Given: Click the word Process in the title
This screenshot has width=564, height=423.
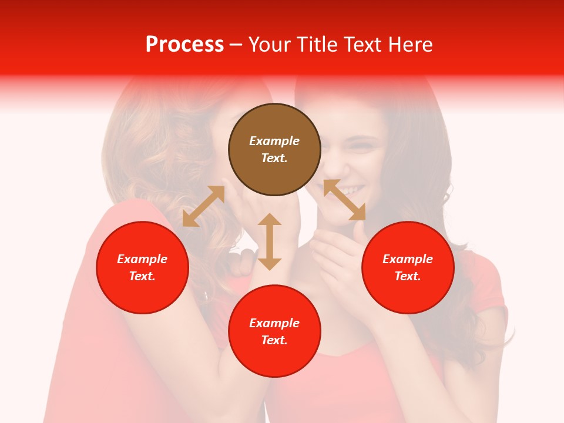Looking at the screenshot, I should click(x=184, y=45).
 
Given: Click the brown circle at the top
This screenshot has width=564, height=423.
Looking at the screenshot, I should click(x=274, y=149).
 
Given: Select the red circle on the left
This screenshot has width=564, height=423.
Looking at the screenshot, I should click(x=142, y=267).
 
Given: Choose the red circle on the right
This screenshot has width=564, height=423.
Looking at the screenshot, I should click(x=408, y=267).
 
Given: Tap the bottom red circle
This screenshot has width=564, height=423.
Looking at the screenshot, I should click(x=274, y=331).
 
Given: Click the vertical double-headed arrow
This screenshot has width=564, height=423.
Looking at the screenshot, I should click(x=270, y=241).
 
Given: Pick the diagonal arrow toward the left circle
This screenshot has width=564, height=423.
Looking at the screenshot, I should click(x=203, y=206).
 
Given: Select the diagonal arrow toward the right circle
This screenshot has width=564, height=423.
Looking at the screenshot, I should click(x=344, y=200).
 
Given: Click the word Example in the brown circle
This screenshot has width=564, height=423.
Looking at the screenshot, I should click(x=274, y=141).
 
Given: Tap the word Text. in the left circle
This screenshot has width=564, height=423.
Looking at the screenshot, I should click(x=142, y=276).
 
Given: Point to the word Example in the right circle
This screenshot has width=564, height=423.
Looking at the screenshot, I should click(x=408, y=259).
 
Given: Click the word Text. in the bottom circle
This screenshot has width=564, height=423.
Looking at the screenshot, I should click(x=274, y=340).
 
